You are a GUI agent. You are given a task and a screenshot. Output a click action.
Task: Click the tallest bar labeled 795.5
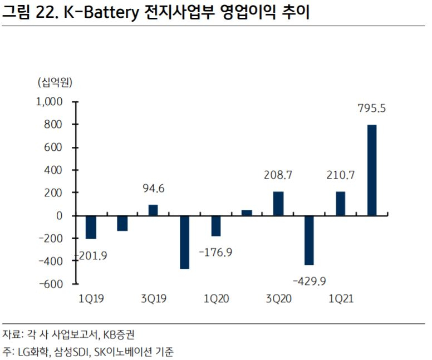click(372, 170)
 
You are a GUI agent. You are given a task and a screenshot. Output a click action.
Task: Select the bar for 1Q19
click(91, 227)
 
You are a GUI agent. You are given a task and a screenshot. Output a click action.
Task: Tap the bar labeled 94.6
click(153, 210)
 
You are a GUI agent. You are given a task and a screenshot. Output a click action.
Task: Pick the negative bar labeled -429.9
click(309, 240)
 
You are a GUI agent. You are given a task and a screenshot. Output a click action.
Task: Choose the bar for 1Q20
click(216, 225)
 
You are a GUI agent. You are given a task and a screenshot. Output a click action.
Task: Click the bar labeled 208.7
click(278, 204)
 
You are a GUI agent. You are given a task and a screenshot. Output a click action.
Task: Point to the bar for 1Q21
click(341, 204)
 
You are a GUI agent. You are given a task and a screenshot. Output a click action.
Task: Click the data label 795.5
click(372, 109)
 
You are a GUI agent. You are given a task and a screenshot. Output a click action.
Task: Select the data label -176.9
click(215, 252)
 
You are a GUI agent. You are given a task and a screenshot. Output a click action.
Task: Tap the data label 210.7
click(341, 175)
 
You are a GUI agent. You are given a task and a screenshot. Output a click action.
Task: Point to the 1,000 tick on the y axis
click(50, 102)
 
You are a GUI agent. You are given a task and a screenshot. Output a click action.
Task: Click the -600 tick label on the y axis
click(51, 284)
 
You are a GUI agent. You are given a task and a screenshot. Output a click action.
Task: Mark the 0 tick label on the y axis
click(59, 216)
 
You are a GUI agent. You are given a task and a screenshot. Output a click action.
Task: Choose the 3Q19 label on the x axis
click(154, 299)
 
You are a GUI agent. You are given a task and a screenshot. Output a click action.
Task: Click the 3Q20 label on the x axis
click(278, 299)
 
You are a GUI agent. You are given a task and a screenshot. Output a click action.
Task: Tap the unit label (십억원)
click(55, 82)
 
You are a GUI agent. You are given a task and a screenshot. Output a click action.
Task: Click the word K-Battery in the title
click(101, 12)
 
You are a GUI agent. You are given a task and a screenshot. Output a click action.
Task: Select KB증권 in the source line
click(119, 334)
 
